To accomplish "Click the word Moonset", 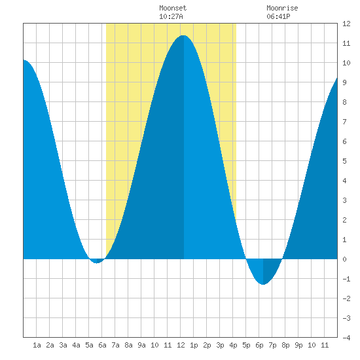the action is pyautogui.click(x=173, y=8).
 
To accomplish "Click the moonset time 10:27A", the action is pyautogui.click(x=171, y=16).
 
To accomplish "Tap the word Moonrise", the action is pyautogui.click(x=282, y=8).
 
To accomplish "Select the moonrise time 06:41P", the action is pyautogui.click(x=278, y=16).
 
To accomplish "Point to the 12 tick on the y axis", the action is pyautogui.click(x=346, y=24).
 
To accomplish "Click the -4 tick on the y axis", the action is pyautogui.click(x=346, y=338).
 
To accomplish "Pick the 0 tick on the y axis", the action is pyautogui.click(x=344, y=259).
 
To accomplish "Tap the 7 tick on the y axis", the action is pyautogui.click(x=344, y=122).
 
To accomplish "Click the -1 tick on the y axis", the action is pyautogui.click(x=346, y=279).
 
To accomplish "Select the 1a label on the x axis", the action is pyautogui.click(x=37, y=345).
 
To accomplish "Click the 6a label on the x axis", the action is pyautogui.click(x=102, y=345).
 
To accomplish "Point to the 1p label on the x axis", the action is pyautogui.click(x=194, y=345).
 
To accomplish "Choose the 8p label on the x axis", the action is pyautogui.click(x=285, y=345).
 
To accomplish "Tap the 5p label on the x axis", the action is pyautogui.click(x=246, y=345).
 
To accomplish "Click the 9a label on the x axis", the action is pyautogui.click(x=141, y=345).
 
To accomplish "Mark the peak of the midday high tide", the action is pyautogui.click(x=183, y=35).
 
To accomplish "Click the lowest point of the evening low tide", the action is pyautogui.click(x=263, y=285).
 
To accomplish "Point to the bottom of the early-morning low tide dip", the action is pyautogui.click(x=97, y=263).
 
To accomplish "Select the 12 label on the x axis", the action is pyautogui.click(x=181, y=345).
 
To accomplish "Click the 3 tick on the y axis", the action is pyautogui.click(x=344, y=200).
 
